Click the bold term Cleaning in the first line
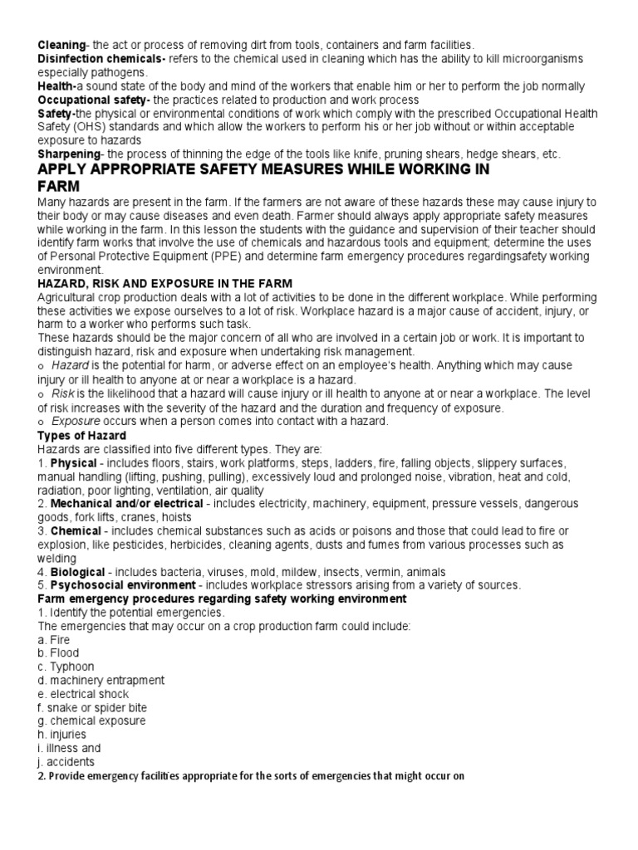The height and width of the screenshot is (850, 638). pyautogui.click(x=61, y=44)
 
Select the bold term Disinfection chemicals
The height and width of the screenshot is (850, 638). pyautogui.click(x=101, y=58)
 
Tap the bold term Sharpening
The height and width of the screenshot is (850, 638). pyautogui.click(x=69, y=154)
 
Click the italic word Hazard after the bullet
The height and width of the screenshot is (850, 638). pyautogui.click(x=70, y=365)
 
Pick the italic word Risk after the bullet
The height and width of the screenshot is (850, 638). pyautogui.click(x=63, y=393)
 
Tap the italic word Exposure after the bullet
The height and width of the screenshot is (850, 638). pyautogui.click(x=76, y=422)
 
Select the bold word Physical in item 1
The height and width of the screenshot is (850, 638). pyautogui.click(x=74, y=463)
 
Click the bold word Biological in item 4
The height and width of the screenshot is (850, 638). pyautogui.click(x=78, y=572)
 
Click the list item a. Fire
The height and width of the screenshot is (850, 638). pyautogui.click(x=54, y=640)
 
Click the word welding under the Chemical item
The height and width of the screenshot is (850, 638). pyautogui.click(x=57, y=558)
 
